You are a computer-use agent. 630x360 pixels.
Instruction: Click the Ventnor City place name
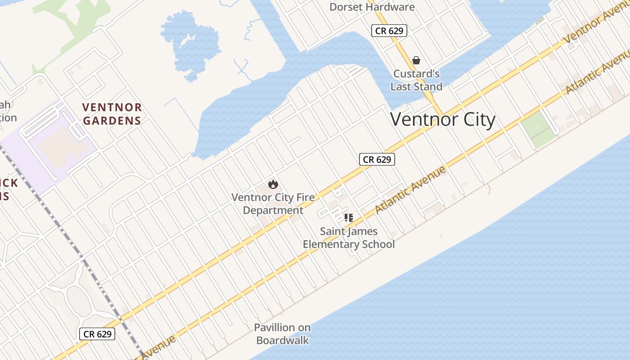tap(443, 120)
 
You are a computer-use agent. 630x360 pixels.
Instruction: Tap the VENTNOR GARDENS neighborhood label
tap(112, 114)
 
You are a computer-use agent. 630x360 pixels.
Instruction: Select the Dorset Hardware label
tap(372, 7)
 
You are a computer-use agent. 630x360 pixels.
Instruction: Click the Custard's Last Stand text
tap(416, 80)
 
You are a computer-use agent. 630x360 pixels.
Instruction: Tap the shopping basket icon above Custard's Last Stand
tap(416, 60)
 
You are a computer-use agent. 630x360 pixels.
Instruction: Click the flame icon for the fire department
tap(273, 184)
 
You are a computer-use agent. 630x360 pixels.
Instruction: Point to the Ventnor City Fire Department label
tap(273, 204)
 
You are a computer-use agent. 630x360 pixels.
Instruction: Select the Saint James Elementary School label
tap(349, 238)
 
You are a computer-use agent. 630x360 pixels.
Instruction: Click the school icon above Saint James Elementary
tap(348, 218)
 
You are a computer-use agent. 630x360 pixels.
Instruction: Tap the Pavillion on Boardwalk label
tap(282, 333)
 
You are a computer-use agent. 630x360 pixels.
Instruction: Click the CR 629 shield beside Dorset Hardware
tap(389, 31)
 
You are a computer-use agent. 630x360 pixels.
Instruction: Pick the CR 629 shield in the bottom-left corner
tap(98, 334)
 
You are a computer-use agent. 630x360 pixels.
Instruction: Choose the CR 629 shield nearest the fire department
tap(377, 159)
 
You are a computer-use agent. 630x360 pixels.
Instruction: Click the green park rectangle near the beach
tap(538, 129)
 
